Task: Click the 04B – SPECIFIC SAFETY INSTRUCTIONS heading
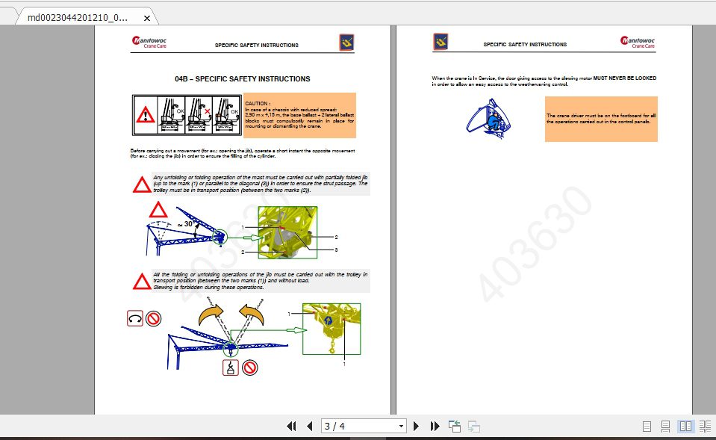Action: click(x=242, y=78)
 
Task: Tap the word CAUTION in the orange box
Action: click(x=258, y=103)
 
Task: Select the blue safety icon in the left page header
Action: click(x=346, y=43)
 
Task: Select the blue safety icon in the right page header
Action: click(x=441, y=43)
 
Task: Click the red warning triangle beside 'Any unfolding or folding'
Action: click(x=141, y=185)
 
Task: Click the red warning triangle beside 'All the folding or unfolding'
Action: click(x=141, y=281)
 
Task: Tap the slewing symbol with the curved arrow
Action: click(x=135, y=319)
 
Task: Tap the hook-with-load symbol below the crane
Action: click(x=231, y=367)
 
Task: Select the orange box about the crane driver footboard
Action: click(x=601, y=118)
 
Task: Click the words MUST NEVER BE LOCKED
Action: click(x=620, y=78)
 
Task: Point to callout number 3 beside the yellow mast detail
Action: click(x=336, y=250)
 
